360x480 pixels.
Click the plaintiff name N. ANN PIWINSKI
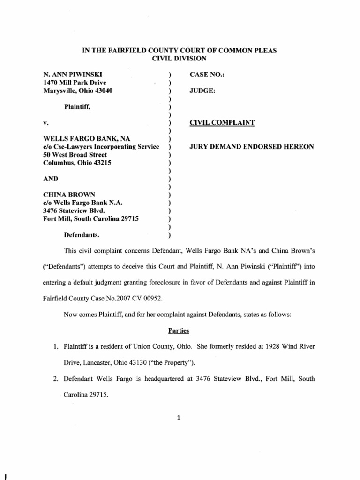(74, 75)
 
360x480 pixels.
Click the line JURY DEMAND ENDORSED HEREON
(251, 147)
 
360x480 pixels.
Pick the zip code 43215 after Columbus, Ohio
(97, 163)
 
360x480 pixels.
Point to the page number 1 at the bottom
(179, 419)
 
